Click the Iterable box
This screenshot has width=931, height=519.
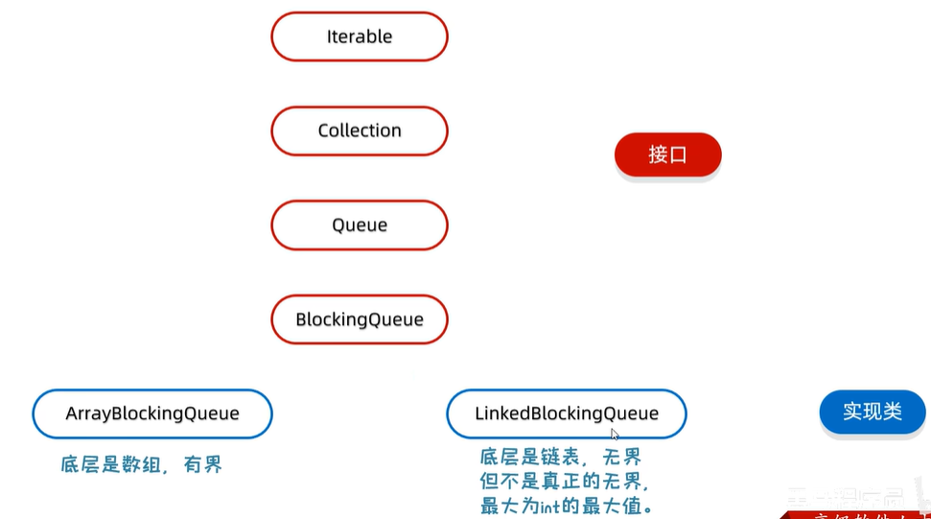pos(360,36)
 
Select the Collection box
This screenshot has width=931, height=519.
pos(360,130)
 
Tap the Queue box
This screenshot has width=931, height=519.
pos(360,225)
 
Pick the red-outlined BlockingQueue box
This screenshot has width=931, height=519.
pos(360,319)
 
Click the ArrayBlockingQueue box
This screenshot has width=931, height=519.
pos(152,413)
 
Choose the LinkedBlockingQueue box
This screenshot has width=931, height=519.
pos(567,413)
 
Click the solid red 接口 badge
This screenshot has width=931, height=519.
pos(667,154)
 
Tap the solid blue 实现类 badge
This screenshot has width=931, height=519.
pos(873,412)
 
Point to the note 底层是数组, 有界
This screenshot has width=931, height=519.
pos(141,465)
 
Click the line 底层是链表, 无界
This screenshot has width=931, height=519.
pos(561,457)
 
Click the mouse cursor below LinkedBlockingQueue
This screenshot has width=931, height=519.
pos(615,435)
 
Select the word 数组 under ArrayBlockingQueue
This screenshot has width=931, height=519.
pos(140,465)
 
